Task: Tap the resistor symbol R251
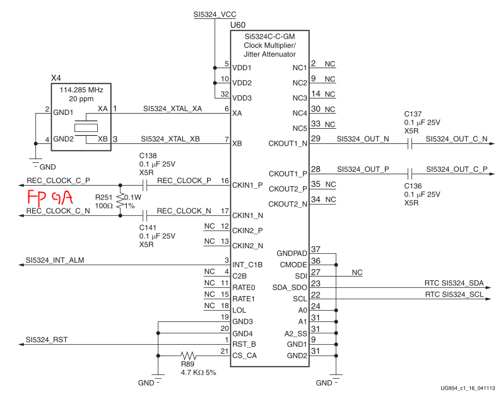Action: pyautogui.click(x=120, y=201)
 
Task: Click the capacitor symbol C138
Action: pyautogui.click(x=146, y=186)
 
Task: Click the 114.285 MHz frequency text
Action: pyautogui.click(x=80, y=90)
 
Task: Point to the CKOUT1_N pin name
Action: pyautogui.click(x=288, y=143)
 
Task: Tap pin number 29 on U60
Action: pyautogui.click(x=315, y=138)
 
